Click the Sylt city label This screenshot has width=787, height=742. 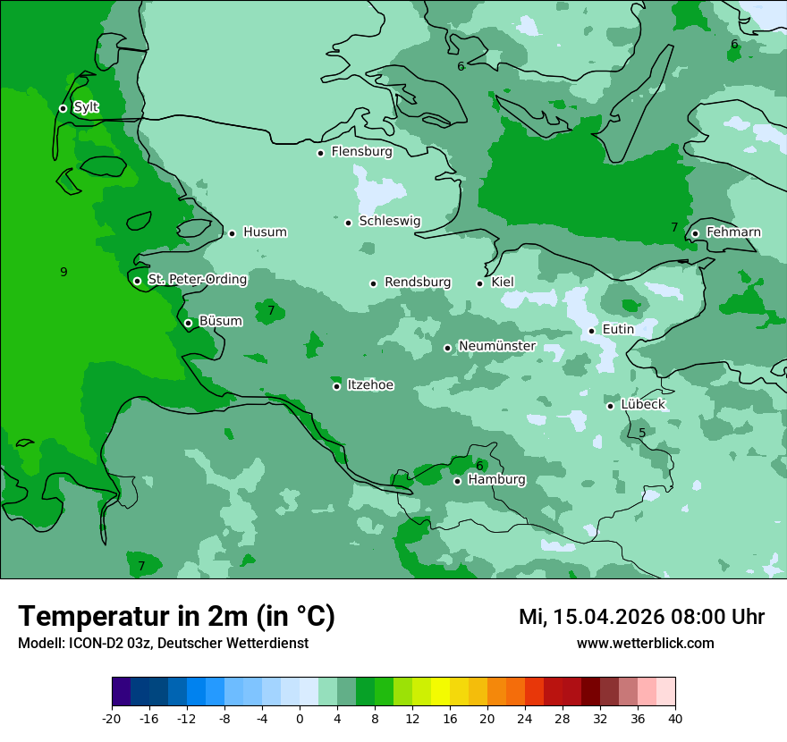click(86, 107)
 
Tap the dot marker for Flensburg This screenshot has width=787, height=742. click(320, 153)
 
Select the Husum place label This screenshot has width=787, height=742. click(265, 232)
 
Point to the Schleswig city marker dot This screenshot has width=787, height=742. click(348, 223)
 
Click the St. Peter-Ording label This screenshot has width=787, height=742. click(197, 279)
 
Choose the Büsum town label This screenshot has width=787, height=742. click(220, 321)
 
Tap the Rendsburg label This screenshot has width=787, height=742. click(417, 282)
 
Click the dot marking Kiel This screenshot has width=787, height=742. click(479, 283)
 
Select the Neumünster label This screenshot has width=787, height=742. click(496, 346)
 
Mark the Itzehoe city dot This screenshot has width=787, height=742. click(336, 386)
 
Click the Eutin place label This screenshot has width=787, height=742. click(618, 329)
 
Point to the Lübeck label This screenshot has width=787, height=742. click(642, 404)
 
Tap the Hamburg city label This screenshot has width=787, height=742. click(496, 479)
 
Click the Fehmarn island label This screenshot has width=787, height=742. click(733, 232)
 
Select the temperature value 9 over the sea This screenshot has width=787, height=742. click(63, 272)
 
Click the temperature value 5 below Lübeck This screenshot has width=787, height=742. click(642, 434)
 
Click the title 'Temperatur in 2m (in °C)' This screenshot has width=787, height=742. click(177, 616)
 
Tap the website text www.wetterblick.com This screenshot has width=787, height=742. click(645, 643)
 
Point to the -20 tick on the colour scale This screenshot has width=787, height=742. click(112, 718)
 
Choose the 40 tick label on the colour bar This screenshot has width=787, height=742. click(675, 718)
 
